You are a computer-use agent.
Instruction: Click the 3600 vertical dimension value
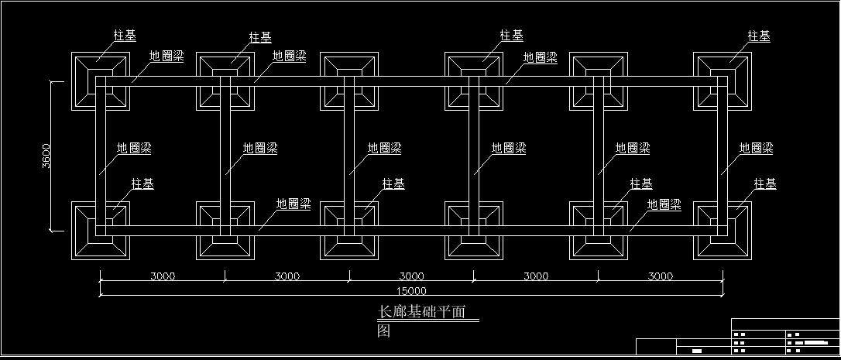click(x=46, y=157)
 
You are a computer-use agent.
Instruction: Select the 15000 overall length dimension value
click(x=411, y=291)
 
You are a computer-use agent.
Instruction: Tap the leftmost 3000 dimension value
click(x=163, y=276)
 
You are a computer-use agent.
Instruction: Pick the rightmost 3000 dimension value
click(x=661, y=276)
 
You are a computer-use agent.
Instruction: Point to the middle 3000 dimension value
click(x=411, y=276)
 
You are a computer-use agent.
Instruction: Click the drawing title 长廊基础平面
click(x=421, y=312)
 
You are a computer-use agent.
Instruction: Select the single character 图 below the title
click(x=383, y=331)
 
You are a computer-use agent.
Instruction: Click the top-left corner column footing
click(x=101, y=81)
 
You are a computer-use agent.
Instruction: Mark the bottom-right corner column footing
click(x=723, y=230)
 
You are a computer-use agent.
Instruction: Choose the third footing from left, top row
click(x=349, y=81)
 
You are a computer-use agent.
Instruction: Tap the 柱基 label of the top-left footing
click(x=125, y=36)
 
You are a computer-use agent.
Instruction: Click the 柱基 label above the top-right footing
click(x=759, y=36)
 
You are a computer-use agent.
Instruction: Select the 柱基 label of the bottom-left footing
click(x=142, y=184)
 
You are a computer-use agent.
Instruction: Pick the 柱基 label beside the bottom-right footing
click(x=765, y=183)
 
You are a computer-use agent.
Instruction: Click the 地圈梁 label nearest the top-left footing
click(x=166, y=57)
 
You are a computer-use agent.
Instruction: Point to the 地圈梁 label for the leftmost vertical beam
click(x=134, y=148)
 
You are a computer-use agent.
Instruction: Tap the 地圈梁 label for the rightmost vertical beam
click(x=756, y=148)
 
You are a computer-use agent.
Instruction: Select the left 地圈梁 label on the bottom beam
click(x=293, y=204)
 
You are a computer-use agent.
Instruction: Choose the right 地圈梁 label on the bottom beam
click(x=664, y=204)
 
